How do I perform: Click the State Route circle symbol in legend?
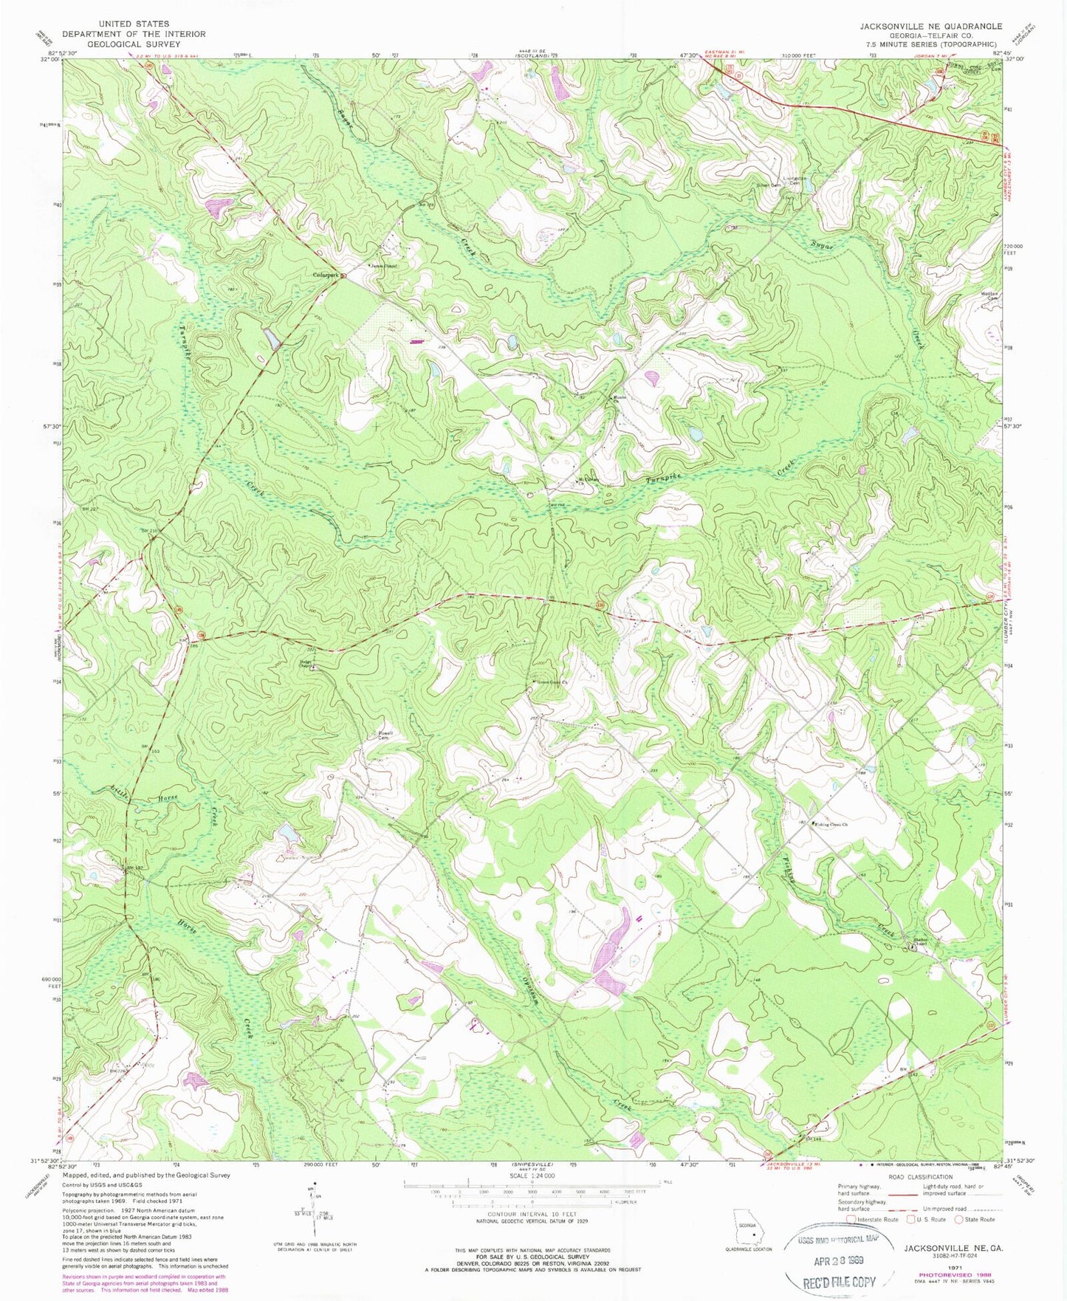958,1219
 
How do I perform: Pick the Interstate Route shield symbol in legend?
851,1219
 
